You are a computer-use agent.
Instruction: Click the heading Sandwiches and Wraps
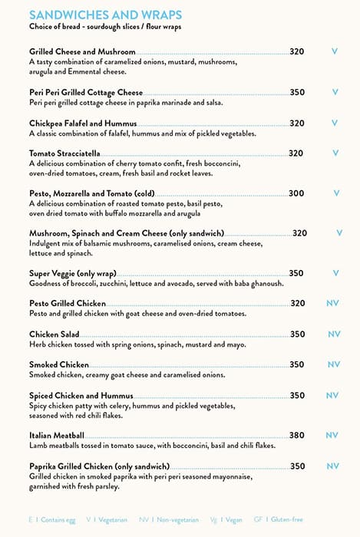click(x=105, y=15)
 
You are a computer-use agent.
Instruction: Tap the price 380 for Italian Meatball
click(x=297, y=435)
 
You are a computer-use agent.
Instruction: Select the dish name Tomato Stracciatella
click(x=64, y=153)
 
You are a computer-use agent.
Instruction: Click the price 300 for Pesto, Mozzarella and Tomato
click(x=296, y=193)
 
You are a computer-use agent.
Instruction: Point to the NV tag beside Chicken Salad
click(x=334, y=334)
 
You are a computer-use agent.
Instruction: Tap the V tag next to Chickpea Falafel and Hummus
click(x=335, y=123)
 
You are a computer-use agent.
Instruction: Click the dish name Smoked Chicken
click(x=59, y=364)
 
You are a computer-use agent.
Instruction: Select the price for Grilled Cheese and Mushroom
click(x=297, y=51)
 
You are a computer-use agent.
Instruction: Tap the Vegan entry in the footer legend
click(x=232, y=520)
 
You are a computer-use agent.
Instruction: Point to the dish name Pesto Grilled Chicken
click(x=68, y=304)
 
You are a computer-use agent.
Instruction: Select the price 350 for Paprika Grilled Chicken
click(x=297, y=466)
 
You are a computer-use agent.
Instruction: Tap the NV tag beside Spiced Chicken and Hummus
click(x=332, y=396)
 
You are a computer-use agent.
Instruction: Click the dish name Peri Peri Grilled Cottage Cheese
click(x=86, y=92)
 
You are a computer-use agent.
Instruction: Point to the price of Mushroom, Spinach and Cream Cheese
click(x=300, y=233)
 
